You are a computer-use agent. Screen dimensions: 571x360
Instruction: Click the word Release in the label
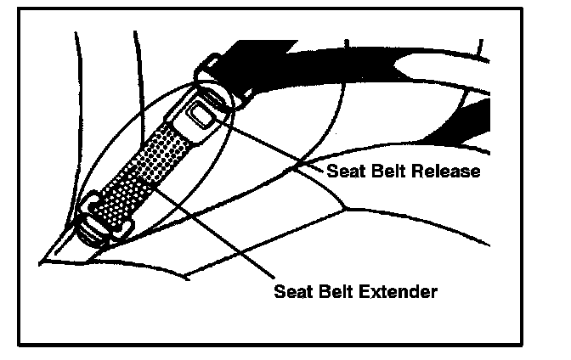tap(448, 172)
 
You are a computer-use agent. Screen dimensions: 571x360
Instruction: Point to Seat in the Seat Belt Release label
tap(345, 172)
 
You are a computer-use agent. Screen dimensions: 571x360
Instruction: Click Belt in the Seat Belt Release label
tap(390, 172)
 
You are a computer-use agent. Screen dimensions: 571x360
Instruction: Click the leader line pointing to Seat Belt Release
tap(272, 143)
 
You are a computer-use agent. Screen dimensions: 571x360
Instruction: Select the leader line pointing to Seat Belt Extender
tap(229, 237)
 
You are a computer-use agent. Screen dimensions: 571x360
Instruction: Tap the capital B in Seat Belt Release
tap(378, 172)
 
